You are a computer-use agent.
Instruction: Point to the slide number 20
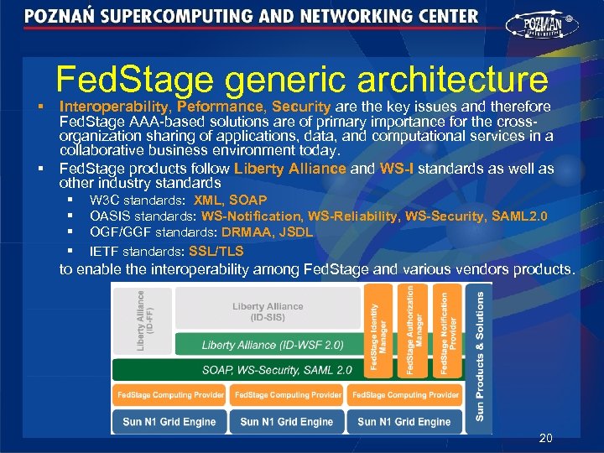tap(545, 438)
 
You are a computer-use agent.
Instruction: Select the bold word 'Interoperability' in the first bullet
tap(116, 107)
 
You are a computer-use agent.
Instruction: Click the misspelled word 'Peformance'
tap(221, 107)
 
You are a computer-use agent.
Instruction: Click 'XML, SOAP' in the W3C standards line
tap(230, 200)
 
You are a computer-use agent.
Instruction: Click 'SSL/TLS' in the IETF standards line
tap(216, 251)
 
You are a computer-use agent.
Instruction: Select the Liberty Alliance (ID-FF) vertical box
tap(143, 320)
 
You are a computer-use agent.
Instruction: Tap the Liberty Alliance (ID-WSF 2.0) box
tap(272, 345)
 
